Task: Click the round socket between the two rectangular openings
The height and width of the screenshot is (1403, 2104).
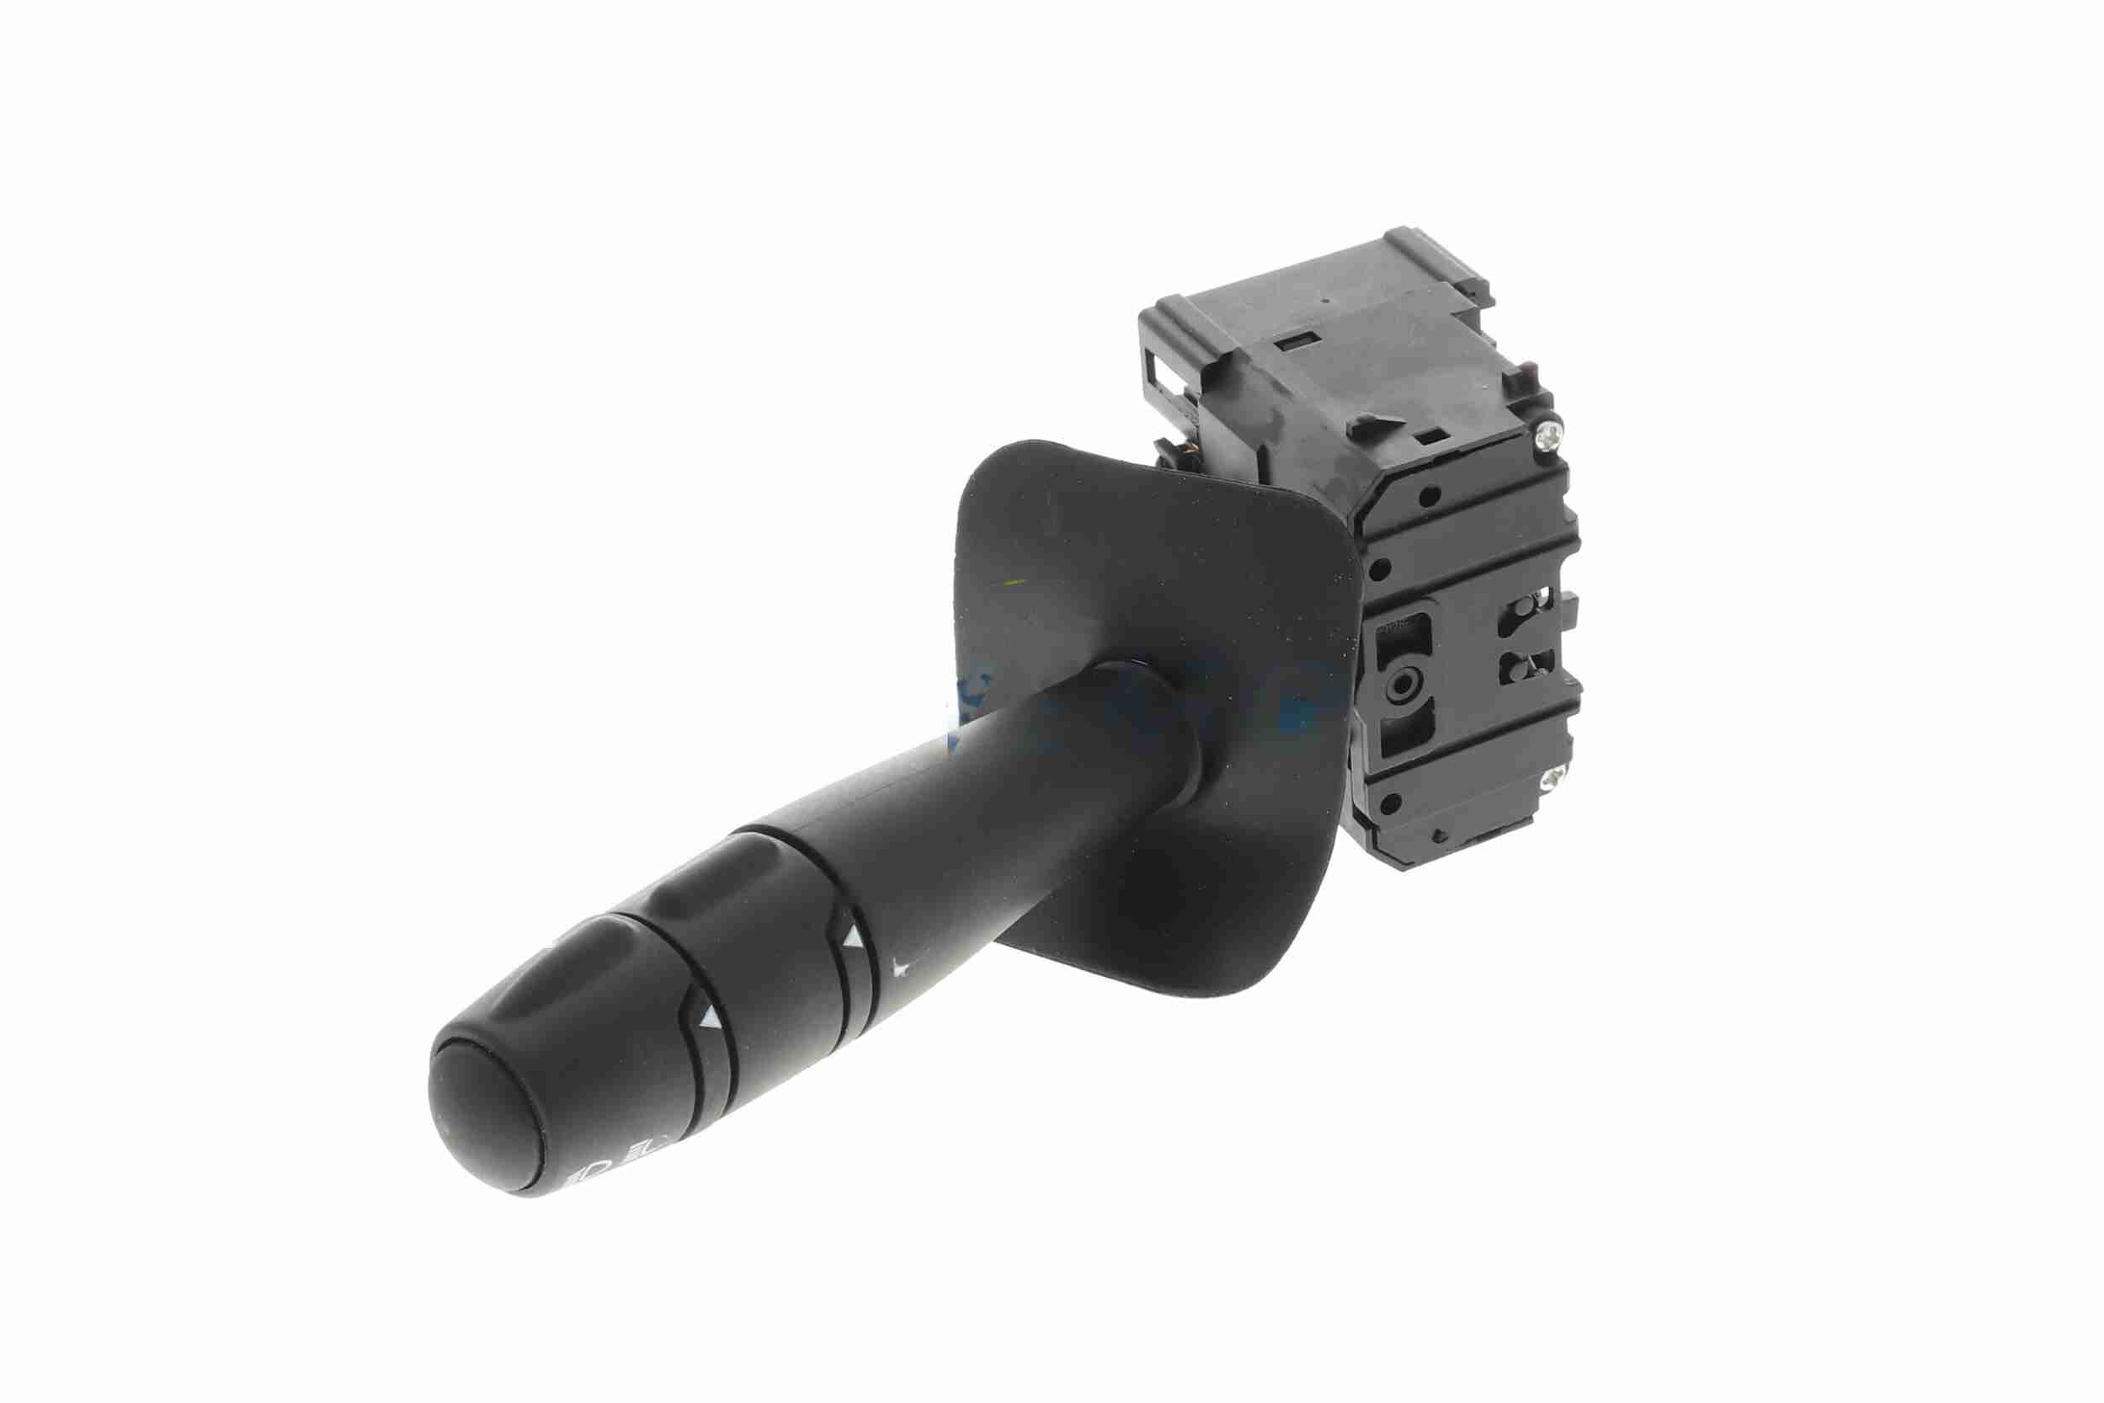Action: click(x=1400, y=686)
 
